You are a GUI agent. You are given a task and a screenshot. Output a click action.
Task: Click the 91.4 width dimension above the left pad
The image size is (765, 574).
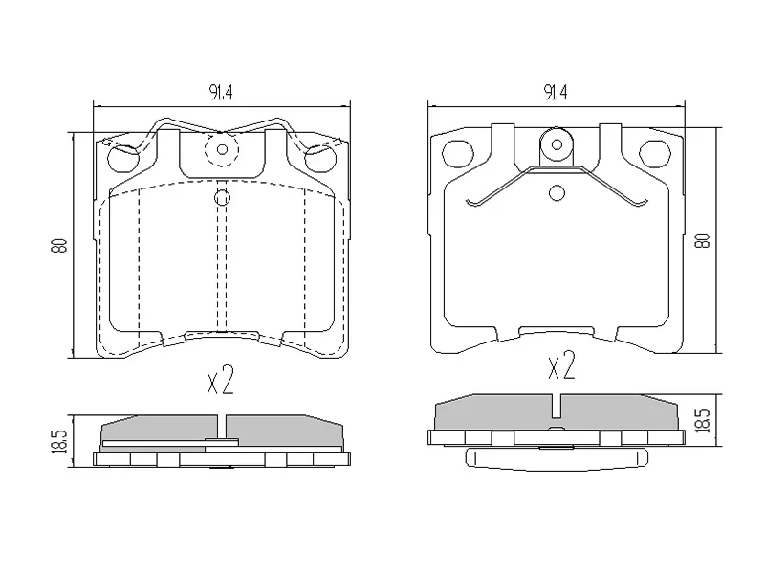(221, 92)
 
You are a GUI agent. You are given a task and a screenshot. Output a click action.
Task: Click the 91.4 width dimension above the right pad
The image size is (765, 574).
(556, 92)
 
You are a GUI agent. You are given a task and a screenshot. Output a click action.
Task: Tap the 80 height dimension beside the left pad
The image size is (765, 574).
(59, 246)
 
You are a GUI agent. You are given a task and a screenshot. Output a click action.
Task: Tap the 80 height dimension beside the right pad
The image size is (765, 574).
(703, 241)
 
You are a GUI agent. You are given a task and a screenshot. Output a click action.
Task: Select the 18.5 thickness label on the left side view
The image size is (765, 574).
(59, 441)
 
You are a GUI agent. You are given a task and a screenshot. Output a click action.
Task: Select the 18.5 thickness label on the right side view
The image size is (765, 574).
(703, 421)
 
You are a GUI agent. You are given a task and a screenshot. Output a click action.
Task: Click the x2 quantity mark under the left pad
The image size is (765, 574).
(221, 380)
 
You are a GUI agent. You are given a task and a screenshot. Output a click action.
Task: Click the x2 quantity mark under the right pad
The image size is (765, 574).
(561, 365)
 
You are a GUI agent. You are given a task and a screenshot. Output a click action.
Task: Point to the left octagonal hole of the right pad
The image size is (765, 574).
(458, 153)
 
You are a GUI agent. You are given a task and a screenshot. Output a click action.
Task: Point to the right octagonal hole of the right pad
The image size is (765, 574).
(655, 153)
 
